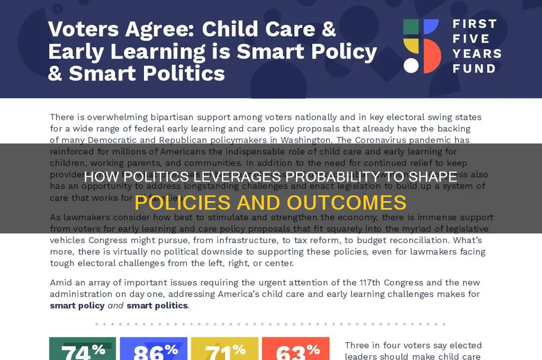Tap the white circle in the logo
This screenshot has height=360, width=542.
click(x=411, y=65)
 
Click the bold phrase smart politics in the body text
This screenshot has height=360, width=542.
click(x=157, y=305)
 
